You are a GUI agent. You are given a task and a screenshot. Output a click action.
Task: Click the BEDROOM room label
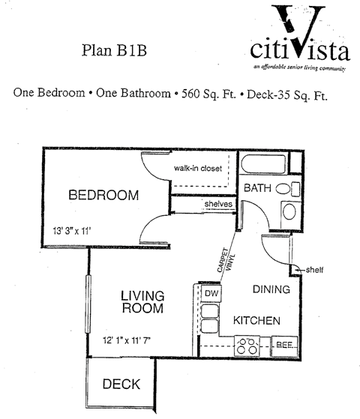click(x=103, y=196)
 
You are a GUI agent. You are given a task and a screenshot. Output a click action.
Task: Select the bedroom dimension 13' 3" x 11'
click(x=77, y=232)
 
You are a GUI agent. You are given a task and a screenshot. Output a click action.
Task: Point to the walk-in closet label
click(x=198, y=169)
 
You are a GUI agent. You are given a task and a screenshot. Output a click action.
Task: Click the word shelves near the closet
click(x=218, y=204)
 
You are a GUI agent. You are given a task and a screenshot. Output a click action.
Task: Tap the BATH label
click(x=256, y=188)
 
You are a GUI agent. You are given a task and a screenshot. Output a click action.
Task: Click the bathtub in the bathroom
click(x=270, y=164)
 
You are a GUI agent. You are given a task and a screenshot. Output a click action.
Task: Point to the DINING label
click(x=271, y=287)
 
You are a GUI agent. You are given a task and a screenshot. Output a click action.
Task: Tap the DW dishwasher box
click(x=210, y=294)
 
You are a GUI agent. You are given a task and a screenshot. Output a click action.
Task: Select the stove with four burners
click(x=247, y=347)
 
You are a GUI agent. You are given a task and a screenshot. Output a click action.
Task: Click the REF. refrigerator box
click(x=284, y=346)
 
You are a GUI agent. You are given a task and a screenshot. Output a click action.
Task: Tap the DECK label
click(x=121, y=385)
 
